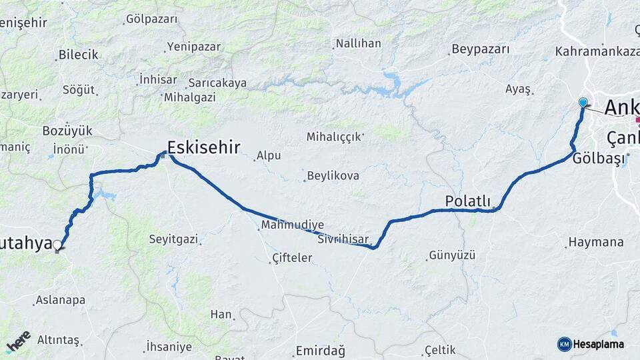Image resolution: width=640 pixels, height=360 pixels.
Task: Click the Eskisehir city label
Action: click(203, 147)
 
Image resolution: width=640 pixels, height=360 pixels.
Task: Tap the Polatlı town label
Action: click(467, 201)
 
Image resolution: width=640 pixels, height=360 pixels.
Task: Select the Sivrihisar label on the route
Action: click(343, 238)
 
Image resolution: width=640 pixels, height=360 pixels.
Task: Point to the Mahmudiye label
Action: click(293, 225)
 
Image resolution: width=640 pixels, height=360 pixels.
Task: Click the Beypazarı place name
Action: click(480, 49)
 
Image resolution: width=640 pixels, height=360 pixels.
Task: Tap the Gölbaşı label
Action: click(599, 158)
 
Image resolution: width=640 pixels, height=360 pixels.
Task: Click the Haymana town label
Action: click(596, 242)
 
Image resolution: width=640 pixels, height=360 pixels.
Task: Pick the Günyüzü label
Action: click(452, 255)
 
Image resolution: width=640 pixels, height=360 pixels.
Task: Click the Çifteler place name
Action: click(292, 257)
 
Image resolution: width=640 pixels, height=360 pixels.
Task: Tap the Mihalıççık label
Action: click(334, 137)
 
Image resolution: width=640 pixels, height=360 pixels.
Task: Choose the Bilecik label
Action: click(78, 55)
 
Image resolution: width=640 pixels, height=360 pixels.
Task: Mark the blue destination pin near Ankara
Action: click(583, 102)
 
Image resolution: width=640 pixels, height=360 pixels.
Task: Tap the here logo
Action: click(18, 341)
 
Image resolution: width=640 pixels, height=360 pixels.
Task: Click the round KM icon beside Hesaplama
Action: click(564, 344)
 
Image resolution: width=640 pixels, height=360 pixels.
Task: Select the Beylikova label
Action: click(333, 176)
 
